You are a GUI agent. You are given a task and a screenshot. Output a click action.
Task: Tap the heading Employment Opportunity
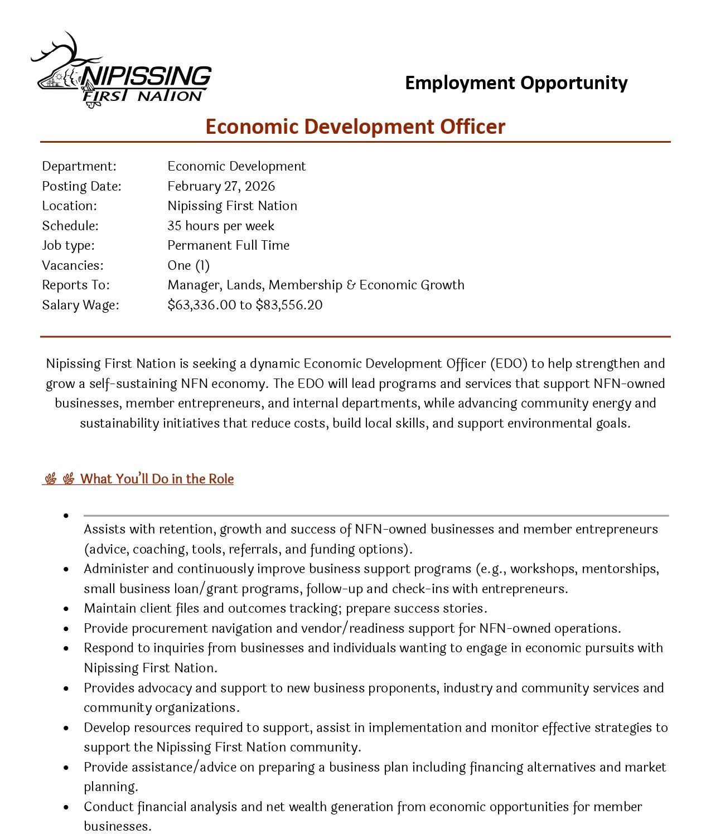pos(516,83)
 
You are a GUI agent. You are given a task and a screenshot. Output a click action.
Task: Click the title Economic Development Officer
pos(355,127)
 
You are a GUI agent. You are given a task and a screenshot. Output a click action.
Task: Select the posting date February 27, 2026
pos(221,186)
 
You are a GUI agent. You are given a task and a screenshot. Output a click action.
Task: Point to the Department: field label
pos(79,166)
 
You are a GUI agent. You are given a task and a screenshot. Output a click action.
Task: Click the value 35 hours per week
pos(221,226)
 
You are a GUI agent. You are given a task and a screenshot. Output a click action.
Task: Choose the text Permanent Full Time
pos(228,245)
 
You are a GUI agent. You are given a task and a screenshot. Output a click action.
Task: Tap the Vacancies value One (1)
pos(188,265)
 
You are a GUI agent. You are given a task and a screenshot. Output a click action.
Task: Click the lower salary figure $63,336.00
pos(201,305)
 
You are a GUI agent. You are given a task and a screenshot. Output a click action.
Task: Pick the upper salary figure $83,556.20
pos(289,305)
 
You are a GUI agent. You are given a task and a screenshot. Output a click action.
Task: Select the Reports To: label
pos(76,285)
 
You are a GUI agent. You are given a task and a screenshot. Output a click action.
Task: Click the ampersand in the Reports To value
pos(351,285)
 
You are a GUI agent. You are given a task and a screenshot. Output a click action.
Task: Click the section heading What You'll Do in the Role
pos(157,479)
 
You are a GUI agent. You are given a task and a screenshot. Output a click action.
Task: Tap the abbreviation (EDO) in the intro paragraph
pos(509,363)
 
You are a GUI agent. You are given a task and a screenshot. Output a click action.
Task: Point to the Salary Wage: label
pos(81,305)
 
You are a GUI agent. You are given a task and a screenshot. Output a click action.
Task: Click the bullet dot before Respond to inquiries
pos(66,648)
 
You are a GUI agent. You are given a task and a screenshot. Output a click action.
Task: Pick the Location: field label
pos(69,206)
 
